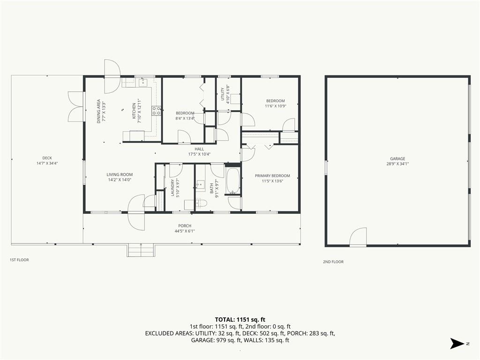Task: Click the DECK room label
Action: click(47, 158)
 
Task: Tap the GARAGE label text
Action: click(397, 158)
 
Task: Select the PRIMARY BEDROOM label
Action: click(272, 176)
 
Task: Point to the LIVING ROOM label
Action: click(120, 174)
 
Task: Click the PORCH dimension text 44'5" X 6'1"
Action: click(185, 231)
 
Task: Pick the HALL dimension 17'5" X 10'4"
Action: click(199, 154)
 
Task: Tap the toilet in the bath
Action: click(201, 203)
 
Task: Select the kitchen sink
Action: click(143, 82)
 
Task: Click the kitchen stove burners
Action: click(156, 111)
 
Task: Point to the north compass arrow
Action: click(457, 344)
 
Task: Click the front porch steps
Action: click(141, 250)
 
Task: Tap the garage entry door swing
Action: click(358, 237)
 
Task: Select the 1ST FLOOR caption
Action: click(19, 260)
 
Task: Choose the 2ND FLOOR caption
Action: click(333, 262)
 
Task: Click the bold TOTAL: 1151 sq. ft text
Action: click(240, 320)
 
